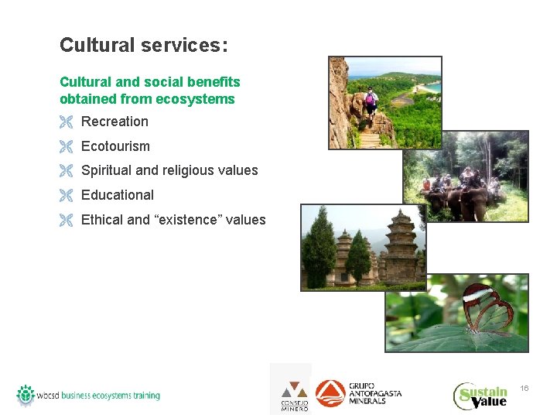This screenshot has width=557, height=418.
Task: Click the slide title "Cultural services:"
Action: click(x=144, y=46)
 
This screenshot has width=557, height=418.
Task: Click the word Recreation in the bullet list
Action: click(x=114, y=122)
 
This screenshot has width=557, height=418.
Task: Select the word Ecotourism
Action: click(x=115, y=146)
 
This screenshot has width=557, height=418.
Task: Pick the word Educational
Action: click(x=118, y=195)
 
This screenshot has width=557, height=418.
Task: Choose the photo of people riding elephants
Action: click(x=466, y=176)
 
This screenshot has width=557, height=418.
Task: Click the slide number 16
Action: click(x=525, y=388)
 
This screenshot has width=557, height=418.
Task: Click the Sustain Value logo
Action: click(x=480, y=395)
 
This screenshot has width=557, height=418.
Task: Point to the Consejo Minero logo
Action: click(x=293, y=396)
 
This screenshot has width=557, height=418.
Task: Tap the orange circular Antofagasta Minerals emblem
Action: click(x=330, y=393)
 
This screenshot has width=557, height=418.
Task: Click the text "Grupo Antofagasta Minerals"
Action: click(x=375, y=393)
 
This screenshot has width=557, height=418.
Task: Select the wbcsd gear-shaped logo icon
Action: click(x=26, y=395)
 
